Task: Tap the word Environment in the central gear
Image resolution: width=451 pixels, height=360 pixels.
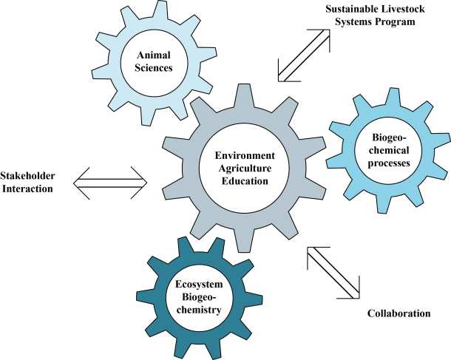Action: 245,155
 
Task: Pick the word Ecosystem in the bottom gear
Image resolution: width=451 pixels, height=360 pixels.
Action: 198,285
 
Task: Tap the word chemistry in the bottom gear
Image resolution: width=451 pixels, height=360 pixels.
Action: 198,310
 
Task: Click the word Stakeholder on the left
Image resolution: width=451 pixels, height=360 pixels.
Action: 30,177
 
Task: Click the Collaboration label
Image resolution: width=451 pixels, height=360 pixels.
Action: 399,313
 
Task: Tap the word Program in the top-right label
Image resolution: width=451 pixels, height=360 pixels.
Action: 396,21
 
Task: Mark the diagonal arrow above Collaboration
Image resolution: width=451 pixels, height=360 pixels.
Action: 333,272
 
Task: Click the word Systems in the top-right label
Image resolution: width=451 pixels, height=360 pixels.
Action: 353,21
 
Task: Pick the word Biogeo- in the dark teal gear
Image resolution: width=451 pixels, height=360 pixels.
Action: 198,298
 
